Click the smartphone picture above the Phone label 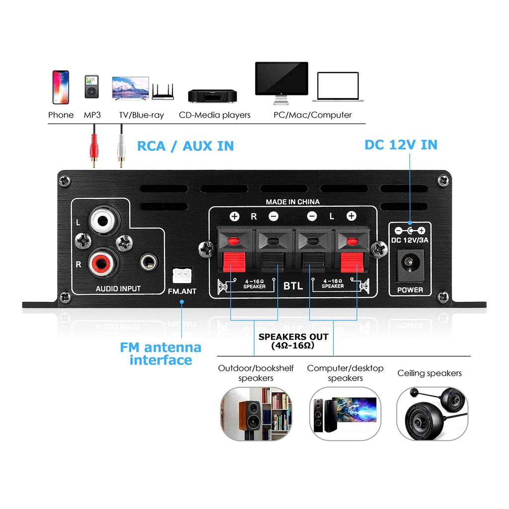coord(61,87)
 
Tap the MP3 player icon coord(91,88)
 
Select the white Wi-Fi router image coord(163,92)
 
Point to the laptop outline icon coord(338,87)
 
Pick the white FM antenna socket coord(181,275)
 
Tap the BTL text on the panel coord(293,286)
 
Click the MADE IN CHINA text coord(292,202)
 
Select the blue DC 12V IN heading coord(401,145)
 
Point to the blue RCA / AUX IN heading coord(185,146)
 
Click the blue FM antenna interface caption coord(161,353)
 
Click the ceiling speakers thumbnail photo coord(431,414)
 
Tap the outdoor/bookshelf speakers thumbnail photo coord(255,414)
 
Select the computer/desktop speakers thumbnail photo coord(345,414)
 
